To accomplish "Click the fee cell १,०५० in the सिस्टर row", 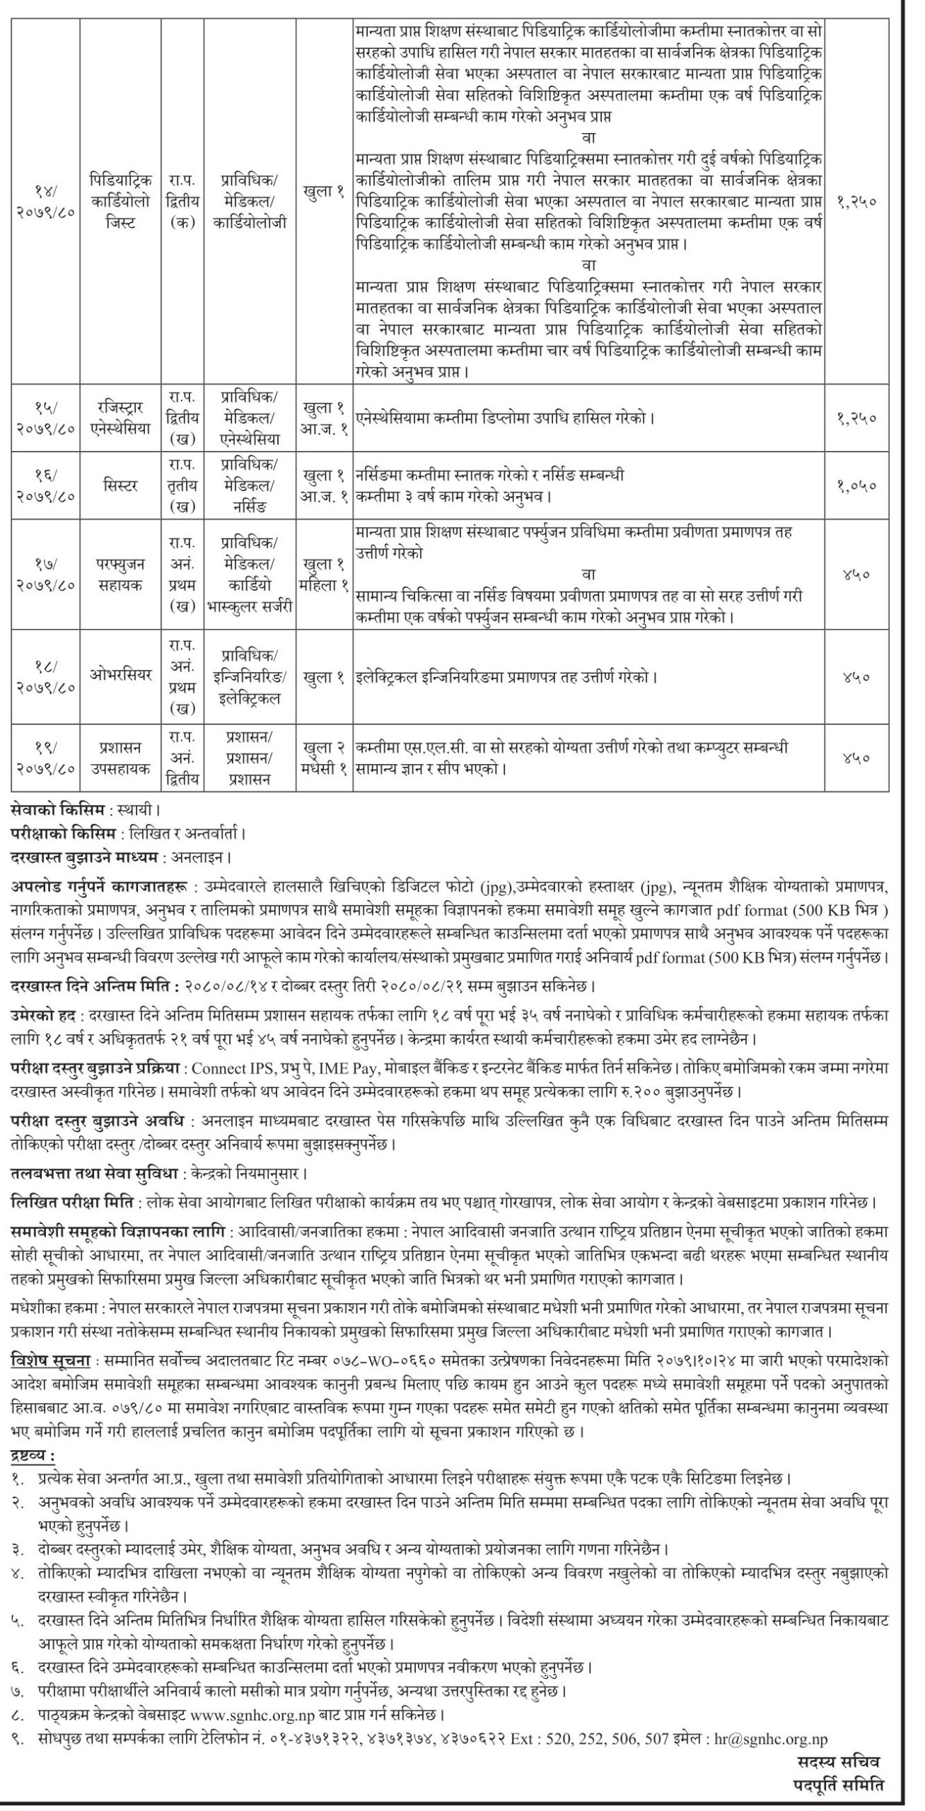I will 856,486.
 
